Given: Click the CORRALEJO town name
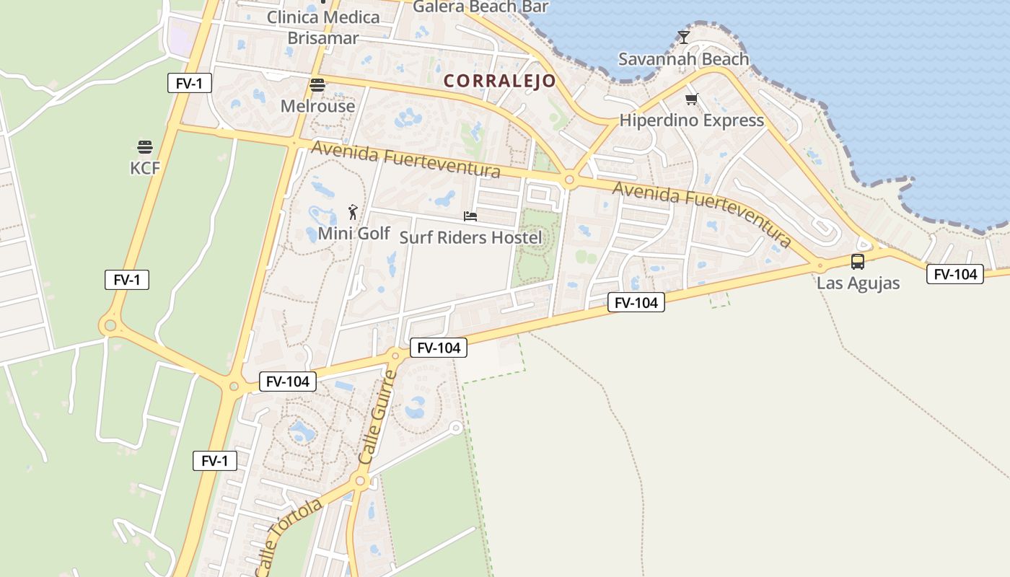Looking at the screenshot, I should pos(500,81).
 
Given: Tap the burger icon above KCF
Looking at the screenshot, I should pos(145,148).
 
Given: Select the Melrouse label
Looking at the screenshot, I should pos(317,106).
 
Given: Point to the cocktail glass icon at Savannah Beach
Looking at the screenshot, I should pos(684,38).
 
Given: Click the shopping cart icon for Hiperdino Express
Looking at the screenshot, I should pos(692,100).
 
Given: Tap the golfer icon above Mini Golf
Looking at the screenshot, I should pos(353,212).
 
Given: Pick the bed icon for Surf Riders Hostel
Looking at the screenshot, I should pos(470,216).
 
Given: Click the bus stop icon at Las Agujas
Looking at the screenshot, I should pos(858,262).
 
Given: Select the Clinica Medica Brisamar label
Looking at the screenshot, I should pos(323,27).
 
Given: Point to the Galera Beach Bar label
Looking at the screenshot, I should pos(480,7).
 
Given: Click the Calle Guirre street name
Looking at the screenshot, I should pos(378,418).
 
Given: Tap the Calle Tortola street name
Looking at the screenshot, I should pos(289,537).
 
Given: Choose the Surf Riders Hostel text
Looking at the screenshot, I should pos(470,237).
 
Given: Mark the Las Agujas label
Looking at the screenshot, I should pos(858,283).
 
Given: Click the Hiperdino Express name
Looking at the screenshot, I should pos(691,120).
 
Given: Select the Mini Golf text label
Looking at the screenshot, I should pos(353,234).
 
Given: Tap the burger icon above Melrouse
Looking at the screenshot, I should pos(317,85).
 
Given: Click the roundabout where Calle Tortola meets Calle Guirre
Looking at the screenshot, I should pos(360,480).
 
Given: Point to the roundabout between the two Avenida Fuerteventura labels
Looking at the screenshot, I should pos(569,180).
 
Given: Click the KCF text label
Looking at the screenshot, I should pos(145,169).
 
